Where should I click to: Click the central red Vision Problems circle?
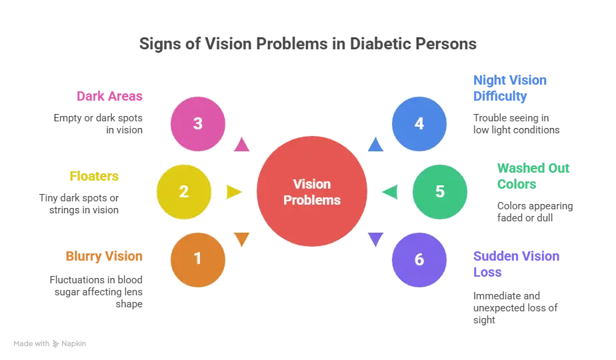point(312,192)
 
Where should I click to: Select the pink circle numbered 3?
point(198,124)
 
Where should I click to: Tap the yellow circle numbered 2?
point(184,192)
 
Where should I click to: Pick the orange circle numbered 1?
point(198,259)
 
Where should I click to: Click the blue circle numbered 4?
point(419,124)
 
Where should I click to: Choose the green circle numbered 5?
point(439,192)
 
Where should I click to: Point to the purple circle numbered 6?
point(419,259)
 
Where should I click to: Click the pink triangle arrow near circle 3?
point(241,145)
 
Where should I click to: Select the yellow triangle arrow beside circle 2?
point(234,192)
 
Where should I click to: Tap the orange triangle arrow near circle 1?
point(241,239)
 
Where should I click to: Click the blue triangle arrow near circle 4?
point(376,145)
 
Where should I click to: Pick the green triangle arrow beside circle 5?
point(389,192)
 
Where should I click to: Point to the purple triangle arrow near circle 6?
point(376,239)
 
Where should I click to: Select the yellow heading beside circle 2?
point(95,176)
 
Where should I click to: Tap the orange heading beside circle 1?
point(104,256)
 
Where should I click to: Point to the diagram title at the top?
point(308,45)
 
